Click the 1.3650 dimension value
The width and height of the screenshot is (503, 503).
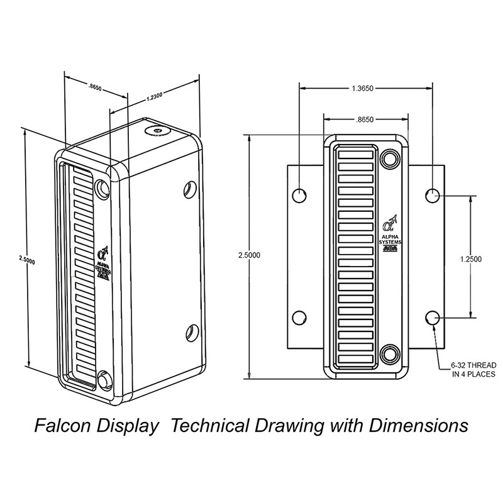(x=365, y=89)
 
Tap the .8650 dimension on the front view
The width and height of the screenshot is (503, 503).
(x=366, y=118)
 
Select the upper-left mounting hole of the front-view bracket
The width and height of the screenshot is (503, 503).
(x=301, y=196)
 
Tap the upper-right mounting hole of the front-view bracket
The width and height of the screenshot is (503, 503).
(x=432, y=196)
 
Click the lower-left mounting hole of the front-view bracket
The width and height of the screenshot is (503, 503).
(x=301, y=318)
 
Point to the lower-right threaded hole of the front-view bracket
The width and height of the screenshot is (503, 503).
(x=432, y=318)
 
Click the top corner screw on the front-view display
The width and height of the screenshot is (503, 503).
(x=390, y=157)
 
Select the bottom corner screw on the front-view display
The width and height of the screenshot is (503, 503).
(x=390, y=356)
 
